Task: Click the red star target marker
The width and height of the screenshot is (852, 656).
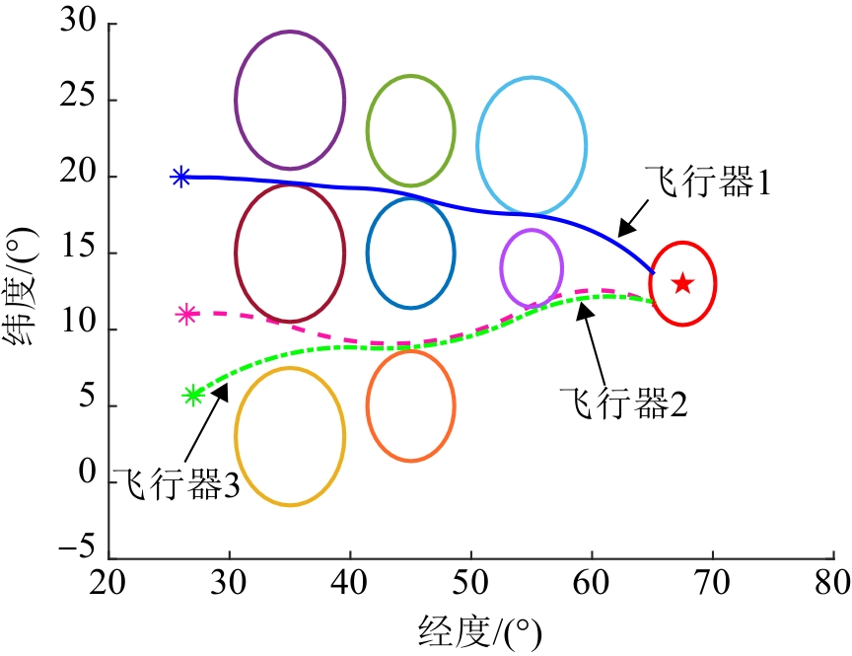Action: (682, 284)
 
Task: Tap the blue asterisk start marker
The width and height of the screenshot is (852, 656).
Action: (180, 177)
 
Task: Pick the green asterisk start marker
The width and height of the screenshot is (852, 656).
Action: (193, 396)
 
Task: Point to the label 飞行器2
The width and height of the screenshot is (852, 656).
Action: (622, 401)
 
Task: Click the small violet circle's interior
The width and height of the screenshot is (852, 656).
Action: (532, 267)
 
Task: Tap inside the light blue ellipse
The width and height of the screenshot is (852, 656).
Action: (532, 145)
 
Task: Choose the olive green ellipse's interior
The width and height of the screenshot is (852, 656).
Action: (410, 129)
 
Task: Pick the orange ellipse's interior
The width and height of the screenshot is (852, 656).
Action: (410, 405)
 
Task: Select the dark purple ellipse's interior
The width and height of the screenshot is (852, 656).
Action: (290, 100)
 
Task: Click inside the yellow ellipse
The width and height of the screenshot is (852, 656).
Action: (290, 436)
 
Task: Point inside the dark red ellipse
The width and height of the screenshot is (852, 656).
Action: (290, 253)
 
